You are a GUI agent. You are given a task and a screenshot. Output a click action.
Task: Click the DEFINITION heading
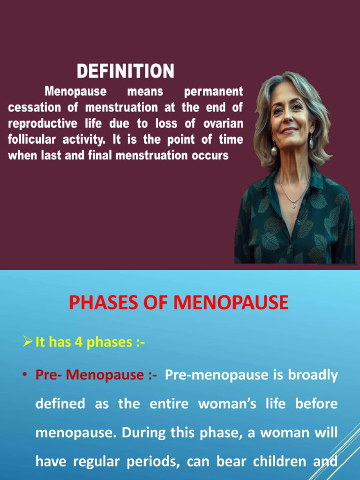(125, 72)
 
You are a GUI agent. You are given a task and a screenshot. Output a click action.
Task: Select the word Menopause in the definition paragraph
(75, 91)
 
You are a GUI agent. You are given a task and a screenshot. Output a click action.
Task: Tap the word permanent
(213, 91)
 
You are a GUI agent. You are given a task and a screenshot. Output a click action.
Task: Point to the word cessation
(34, 107)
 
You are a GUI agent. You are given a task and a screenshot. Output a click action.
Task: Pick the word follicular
(32, 140)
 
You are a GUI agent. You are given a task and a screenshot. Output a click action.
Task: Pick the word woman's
(228, 404)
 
